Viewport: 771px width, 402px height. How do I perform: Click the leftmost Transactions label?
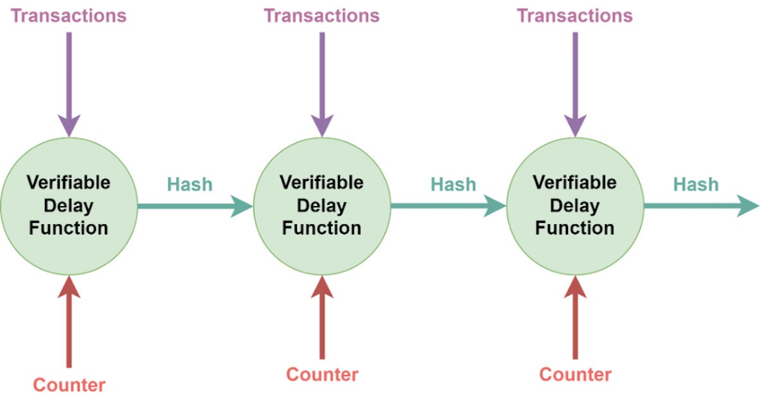point(69,15)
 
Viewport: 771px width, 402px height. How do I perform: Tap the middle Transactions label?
point(322,15)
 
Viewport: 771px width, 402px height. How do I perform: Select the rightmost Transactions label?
point(574,15)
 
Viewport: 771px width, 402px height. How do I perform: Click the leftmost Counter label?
point(69,385)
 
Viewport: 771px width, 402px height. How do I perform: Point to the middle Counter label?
point(322,374)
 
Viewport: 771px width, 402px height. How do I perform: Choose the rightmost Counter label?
point(575,374)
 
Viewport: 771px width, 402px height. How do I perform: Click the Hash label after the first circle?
point(190,184)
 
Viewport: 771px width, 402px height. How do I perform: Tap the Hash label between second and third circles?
point(454,184)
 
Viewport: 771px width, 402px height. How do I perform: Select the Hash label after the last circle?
point(696,184)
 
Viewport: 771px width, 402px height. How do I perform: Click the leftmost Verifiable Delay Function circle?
point(69,205)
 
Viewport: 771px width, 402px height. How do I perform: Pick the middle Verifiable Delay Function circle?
point(322,205)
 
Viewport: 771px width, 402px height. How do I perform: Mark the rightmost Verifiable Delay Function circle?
point(575,205)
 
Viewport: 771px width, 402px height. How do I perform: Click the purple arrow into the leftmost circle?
point(69,83)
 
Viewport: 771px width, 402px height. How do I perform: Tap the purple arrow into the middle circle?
point(322,83)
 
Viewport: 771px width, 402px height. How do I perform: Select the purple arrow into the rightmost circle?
point(575,83)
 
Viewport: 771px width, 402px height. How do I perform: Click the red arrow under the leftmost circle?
point(69,321)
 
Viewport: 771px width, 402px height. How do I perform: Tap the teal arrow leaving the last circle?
point(700,206)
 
